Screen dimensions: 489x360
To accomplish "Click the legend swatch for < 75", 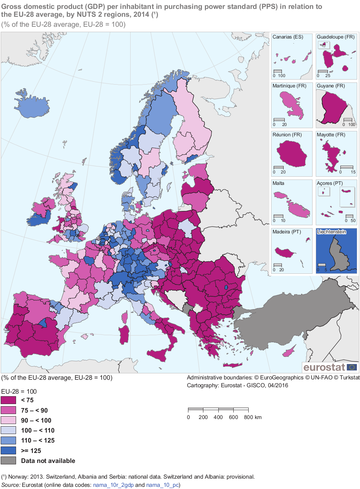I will tap(9, 400).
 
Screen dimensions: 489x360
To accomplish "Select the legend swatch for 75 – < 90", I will tap(9, 410).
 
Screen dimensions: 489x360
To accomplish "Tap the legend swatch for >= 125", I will tap(9, 450).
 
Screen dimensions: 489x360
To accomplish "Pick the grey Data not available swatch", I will tap(9, 460).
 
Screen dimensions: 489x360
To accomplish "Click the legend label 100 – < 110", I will tap(37, 430).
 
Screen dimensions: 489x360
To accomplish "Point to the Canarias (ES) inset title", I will tap(288, 37).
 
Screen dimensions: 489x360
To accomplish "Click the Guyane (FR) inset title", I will tap(331, 86).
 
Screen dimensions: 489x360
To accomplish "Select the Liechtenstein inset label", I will tap(331, 232).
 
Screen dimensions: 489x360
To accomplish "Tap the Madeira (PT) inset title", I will tap(287, 232).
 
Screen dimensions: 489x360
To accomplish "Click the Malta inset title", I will tap(278, 183).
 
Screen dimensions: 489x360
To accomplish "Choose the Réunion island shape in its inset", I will tap(292, 153).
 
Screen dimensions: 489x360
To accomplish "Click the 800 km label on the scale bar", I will tap(253, 417).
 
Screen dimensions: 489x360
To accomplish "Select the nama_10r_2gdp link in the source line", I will tap(113, 485).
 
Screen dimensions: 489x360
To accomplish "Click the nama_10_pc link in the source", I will tap(162, 485).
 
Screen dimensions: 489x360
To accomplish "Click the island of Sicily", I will tap(157, 354).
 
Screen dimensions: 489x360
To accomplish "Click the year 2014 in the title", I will tap(141, 15).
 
